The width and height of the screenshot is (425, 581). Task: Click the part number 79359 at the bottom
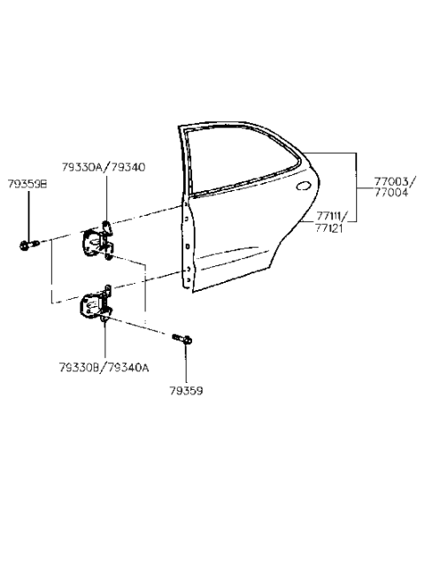tap(186, 386)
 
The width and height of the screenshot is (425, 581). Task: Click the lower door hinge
tap(97, 305)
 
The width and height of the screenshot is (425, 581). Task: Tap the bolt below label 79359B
tap(27, 244)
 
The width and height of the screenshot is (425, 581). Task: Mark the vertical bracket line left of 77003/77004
tap(357, 186)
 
